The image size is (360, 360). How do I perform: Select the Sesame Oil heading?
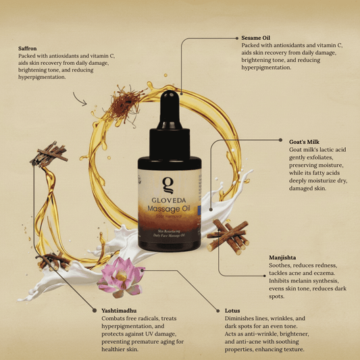tap(256, 38)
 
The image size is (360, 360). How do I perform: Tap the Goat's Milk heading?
tap(305, 142)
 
